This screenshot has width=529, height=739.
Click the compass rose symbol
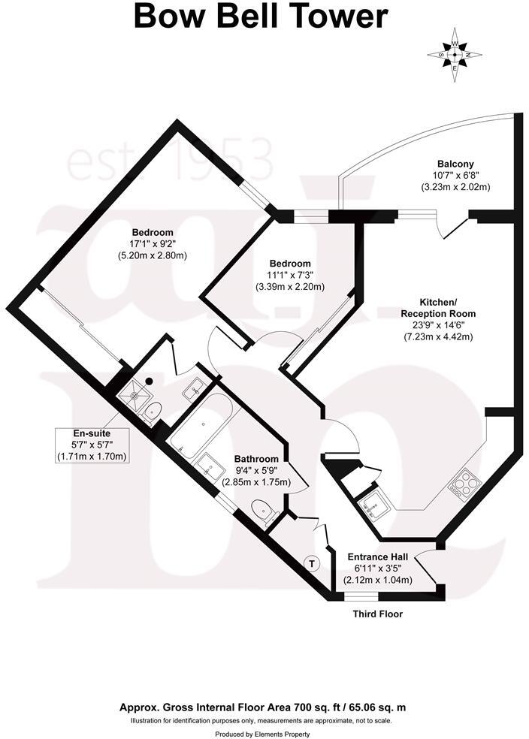tap(454, 54)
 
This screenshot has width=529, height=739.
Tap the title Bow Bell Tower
tap(261, 17)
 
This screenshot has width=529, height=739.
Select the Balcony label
tap(456, 164)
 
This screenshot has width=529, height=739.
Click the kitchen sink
tap(373, 508)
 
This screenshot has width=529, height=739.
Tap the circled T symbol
tap(312, 562)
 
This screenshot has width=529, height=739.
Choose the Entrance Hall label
tap(377, 557)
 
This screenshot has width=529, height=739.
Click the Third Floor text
tap(378, 614)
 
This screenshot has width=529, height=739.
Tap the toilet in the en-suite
tap(153, 411)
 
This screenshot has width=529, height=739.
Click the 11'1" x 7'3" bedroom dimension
tap(290, 276)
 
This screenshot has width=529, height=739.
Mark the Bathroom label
tap(256, 459)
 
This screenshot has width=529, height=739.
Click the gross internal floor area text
tap(264, 707)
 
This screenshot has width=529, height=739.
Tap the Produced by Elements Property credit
tap(262, 733)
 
